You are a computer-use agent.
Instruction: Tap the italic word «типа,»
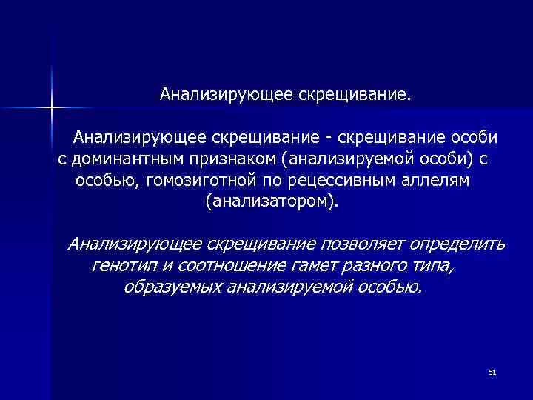click(432, 265)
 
